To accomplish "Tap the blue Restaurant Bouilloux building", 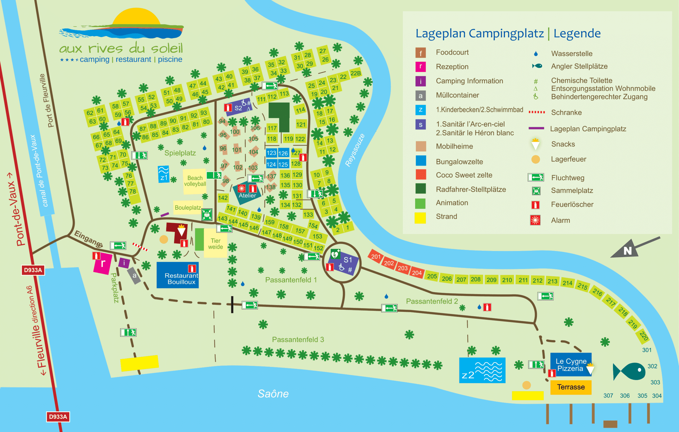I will pos(178,276).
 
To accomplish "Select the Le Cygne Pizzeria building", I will pos(571,365).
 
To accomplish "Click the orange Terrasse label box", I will pos(571,387).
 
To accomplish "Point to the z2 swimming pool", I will pos(482,370).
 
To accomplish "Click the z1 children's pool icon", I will pos(163,174).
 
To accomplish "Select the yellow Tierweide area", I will pos(215,243).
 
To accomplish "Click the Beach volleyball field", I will pos(195,181).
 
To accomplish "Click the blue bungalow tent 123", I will pos(271,153).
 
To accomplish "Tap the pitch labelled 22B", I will pos(355,73).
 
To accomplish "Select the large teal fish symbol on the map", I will pos(630,371).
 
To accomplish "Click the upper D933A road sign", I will pos(33,270).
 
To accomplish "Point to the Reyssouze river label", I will pos(355,150).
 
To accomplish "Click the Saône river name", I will pos(273,394).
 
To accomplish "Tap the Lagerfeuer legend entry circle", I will pos(536,160).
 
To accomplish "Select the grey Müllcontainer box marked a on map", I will pos(134,276).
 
